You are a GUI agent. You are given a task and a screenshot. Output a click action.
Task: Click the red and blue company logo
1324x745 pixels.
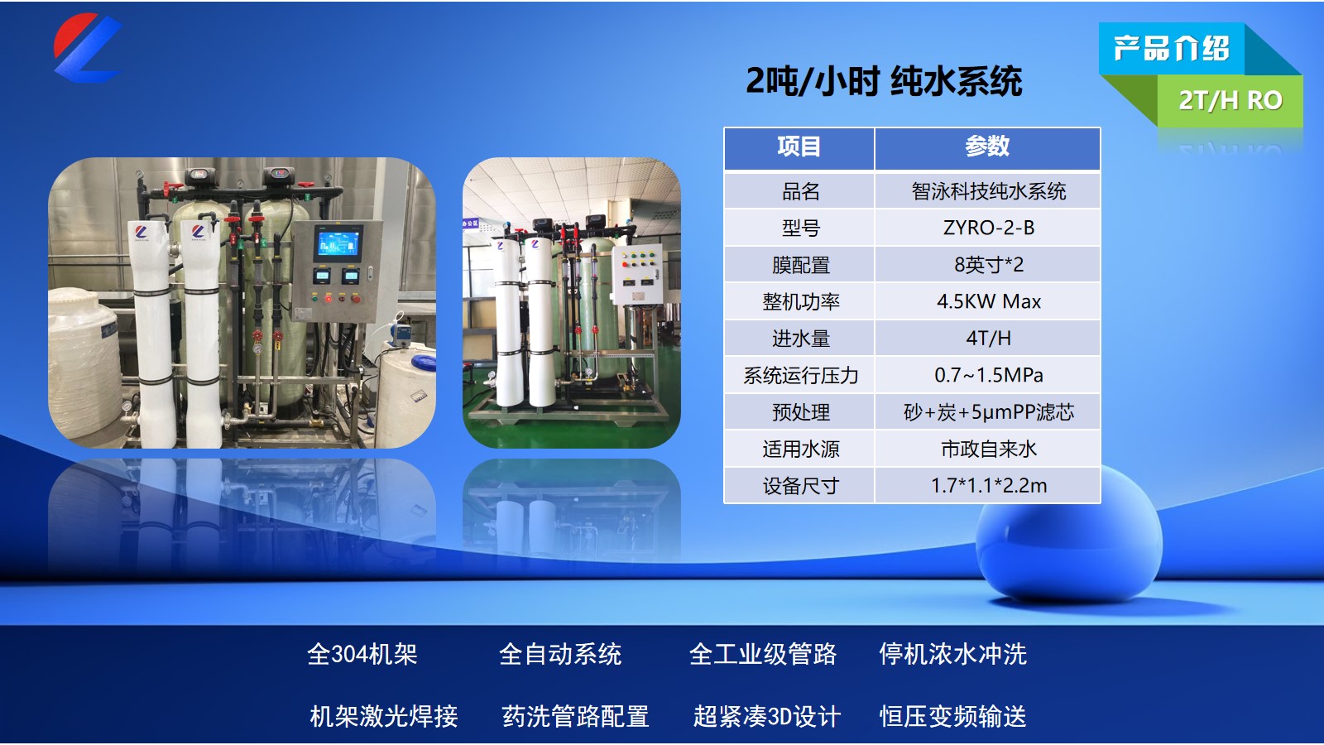coord(87,48)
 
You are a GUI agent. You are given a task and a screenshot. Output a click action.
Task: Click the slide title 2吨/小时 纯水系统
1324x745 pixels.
coord(884,81)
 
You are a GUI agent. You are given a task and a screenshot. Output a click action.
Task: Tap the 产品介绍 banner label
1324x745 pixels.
coord(1171,49)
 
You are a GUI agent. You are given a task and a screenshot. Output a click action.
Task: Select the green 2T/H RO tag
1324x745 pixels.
coord(1230,100)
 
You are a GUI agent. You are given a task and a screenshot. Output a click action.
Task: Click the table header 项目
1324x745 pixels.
coord(799,147)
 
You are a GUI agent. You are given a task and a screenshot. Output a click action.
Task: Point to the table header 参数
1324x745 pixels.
coord(987,147)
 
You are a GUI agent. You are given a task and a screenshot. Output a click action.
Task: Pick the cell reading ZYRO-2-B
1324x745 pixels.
coord(988,228)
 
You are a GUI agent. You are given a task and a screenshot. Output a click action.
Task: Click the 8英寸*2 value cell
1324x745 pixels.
coord(988,265)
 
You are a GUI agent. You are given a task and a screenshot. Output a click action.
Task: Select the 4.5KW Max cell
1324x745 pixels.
coord(988,301)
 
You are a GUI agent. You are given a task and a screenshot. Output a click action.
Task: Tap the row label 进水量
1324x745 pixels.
coord(800,339)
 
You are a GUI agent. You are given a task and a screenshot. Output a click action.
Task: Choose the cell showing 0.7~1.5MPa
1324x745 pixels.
coord(988,375)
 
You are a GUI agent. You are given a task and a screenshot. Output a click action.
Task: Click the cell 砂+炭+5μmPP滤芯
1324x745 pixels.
coord(988,412)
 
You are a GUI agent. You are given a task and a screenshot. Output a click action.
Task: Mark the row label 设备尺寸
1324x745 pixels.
coord(800,486)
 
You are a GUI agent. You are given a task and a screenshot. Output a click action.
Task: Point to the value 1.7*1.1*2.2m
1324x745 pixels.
coord(988,486)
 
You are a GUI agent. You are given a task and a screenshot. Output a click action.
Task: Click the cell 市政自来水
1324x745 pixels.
coord(988,449)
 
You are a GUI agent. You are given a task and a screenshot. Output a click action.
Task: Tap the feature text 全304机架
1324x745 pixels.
coord(362,654)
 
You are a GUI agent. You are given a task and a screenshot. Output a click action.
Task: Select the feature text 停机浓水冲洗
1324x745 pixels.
coord(952,654)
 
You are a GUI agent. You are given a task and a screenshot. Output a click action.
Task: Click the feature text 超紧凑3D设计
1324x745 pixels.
coord(766,716)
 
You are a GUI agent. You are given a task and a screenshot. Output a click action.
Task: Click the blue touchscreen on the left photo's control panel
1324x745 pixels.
coord(338,243)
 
